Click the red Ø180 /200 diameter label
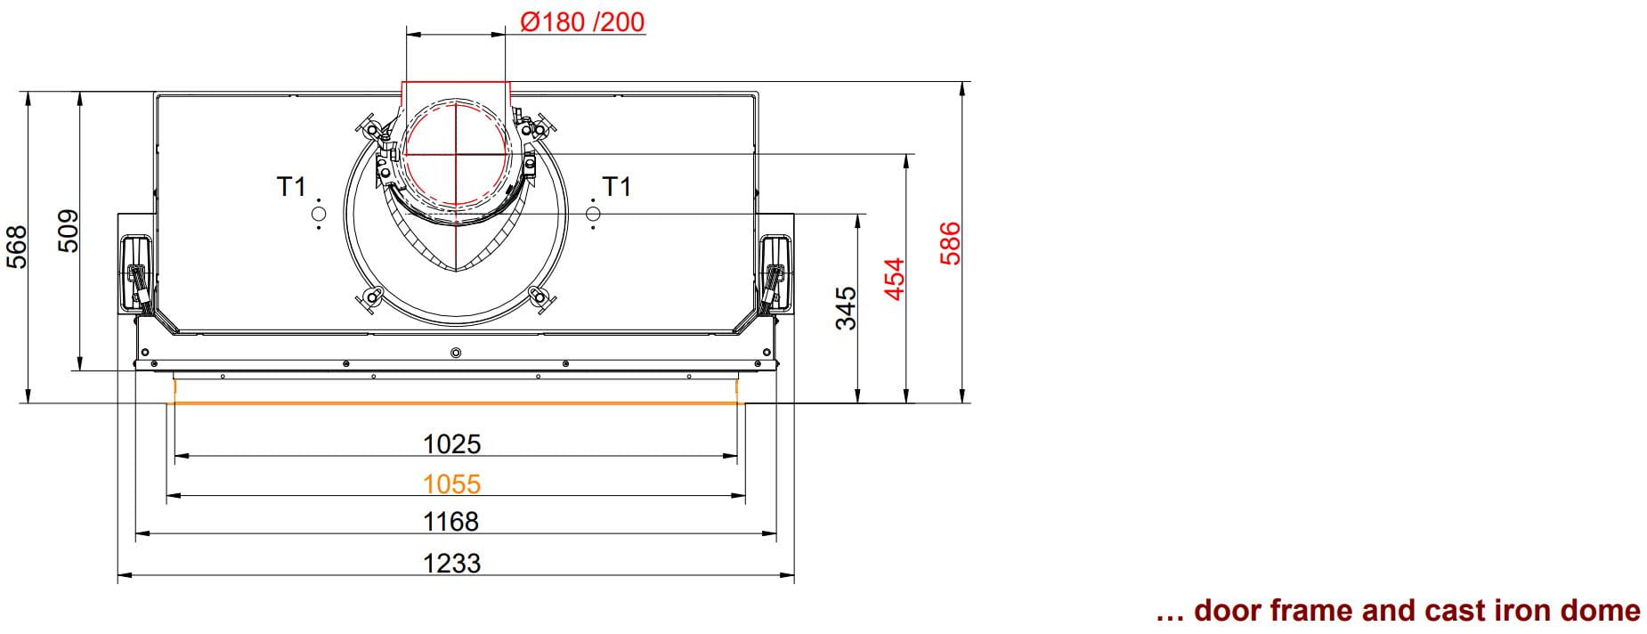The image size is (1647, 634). (582, 21)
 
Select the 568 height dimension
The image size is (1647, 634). (17, 247)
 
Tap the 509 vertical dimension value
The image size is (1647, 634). (69, 232)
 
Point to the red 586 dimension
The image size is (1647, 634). (951, 243)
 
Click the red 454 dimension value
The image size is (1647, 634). (895, 279)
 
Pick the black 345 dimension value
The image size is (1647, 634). (846, 308)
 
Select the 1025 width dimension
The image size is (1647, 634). (452, 443)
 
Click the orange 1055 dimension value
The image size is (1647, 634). (452, 484)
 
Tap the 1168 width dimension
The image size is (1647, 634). (452, 521)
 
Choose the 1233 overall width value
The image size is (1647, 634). (452, 563)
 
